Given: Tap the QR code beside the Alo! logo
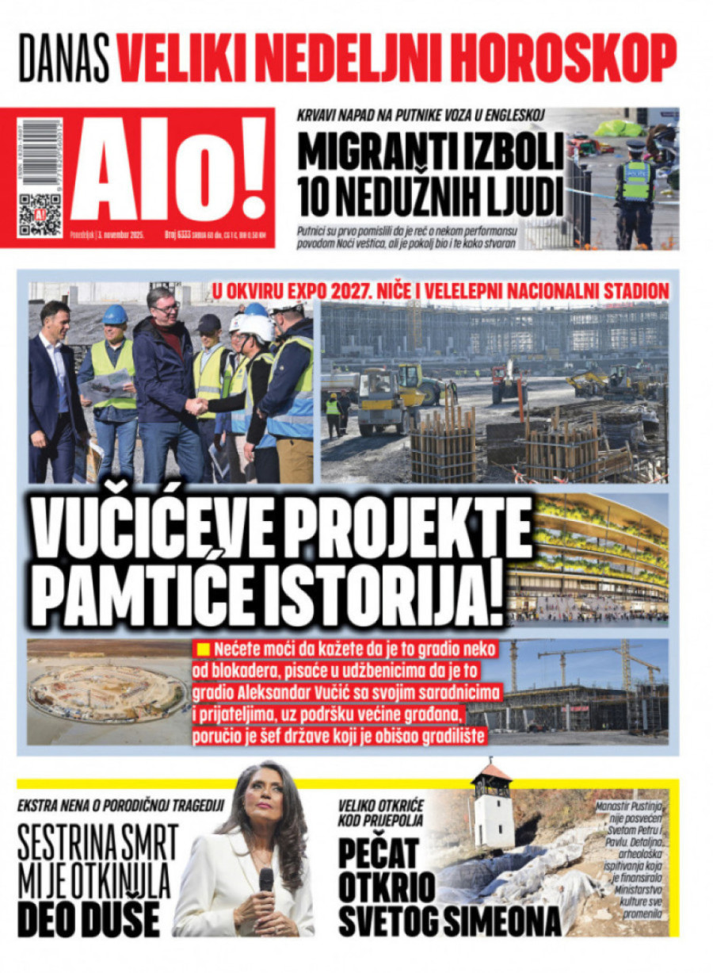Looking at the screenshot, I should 40,214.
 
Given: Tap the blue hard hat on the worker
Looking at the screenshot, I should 115,315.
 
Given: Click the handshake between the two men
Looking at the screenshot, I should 196,407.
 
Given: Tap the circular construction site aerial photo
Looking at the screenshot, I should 109,692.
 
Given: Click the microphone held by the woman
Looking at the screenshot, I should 265,880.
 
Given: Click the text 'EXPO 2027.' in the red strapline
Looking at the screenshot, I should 360,291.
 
